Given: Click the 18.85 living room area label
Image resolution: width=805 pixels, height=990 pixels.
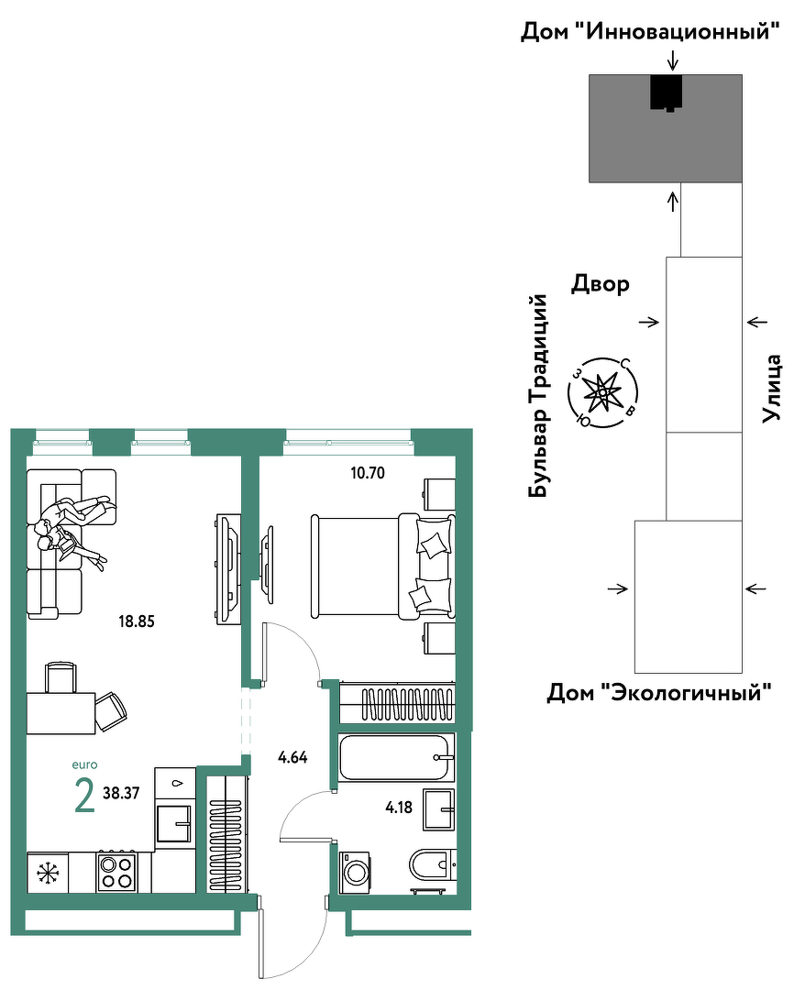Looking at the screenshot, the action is point(137,621).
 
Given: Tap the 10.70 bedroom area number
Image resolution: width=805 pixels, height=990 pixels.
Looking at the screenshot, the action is point(368,472).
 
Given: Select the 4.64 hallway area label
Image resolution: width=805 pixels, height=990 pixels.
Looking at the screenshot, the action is point(293,757).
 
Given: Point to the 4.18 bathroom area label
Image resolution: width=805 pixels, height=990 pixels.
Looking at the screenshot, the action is point(399,807).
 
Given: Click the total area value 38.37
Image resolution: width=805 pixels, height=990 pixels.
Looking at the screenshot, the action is point(121,793).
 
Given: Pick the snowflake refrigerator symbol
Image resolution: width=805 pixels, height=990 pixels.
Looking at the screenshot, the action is point(47,874).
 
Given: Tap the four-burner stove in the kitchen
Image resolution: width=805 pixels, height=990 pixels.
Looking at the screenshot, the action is point(116,872).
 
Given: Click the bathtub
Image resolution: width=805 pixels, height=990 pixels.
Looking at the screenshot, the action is point(396,757).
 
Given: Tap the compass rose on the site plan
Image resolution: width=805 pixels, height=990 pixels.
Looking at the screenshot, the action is point(603,392).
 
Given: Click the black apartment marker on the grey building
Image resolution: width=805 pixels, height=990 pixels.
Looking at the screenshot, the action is point(667,93).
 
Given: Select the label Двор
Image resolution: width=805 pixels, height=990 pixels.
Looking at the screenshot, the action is point(601,284).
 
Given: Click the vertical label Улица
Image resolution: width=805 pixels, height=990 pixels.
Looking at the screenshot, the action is point(772,389).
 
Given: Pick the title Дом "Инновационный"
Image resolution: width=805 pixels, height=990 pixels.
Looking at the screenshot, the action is point(650,31).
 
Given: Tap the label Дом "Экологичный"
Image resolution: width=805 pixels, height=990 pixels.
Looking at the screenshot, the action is point(659,693).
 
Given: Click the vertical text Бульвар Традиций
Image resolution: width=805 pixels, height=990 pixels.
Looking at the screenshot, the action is point(538,395).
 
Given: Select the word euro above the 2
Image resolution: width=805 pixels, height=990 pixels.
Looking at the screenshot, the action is point(84,764).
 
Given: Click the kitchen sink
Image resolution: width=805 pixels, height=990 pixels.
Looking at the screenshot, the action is point(173,823).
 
